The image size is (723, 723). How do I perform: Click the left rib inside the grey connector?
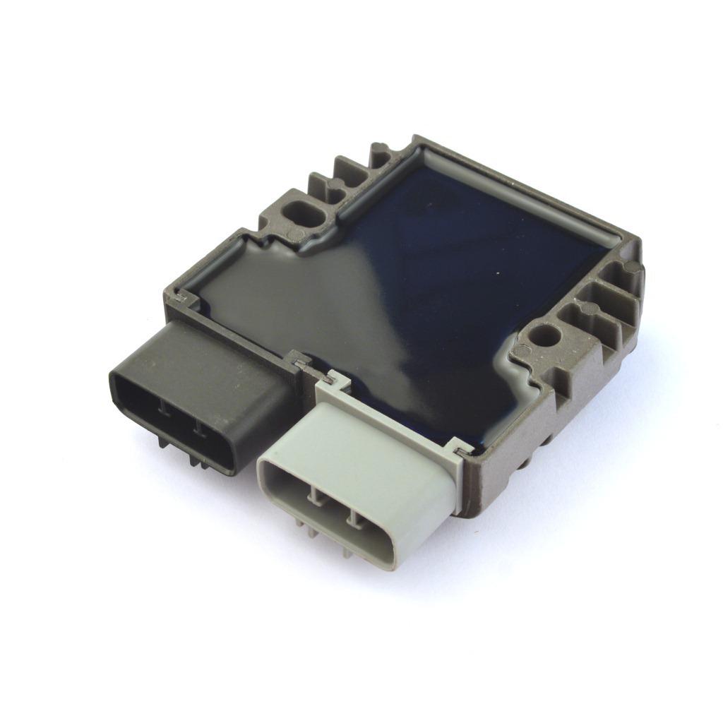pos(313,499)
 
